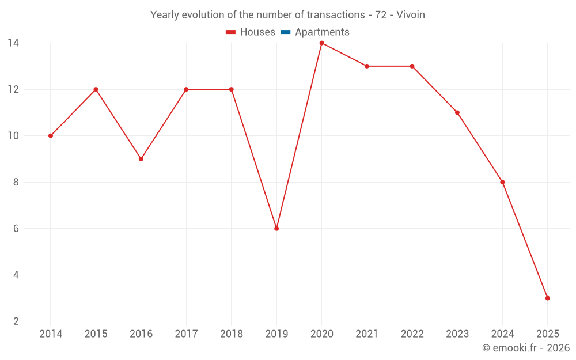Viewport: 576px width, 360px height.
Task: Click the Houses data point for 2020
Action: click(x=321, y=43)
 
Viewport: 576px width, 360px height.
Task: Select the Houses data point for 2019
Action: click(x=276, y=229)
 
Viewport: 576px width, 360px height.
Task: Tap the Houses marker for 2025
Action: click(x=547, y=298)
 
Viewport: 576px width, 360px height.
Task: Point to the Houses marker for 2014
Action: click(x=51, y=136)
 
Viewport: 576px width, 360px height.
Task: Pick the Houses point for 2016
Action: click(x=141, y=159)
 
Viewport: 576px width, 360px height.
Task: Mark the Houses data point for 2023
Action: click(x=457, y=112)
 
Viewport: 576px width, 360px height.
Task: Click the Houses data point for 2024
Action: click(x=502, y=182)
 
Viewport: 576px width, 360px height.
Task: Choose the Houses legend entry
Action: click(x=251, y=32)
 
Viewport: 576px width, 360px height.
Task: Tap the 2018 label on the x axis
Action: click(x=231, y=334)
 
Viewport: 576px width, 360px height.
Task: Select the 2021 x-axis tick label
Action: click(x=367, y=334)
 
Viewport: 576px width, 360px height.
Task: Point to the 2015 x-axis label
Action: click(x=96, y=334)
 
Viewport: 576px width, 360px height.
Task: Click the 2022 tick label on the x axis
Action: click(x=412, y=334)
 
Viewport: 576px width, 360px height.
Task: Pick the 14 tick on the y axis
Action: click(x=13, y=43)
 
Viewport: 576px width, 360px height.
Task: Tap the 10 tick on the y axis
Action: click(x=13, y=136)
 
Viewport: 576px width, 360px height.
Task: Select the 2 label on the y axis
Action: click(x=16, y=321)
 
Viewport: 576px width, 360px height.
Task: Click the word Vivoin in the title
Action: click(x=411, y=15)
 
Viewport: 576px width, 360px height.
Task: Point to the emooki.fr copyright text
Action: click(x=526, y=348)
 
